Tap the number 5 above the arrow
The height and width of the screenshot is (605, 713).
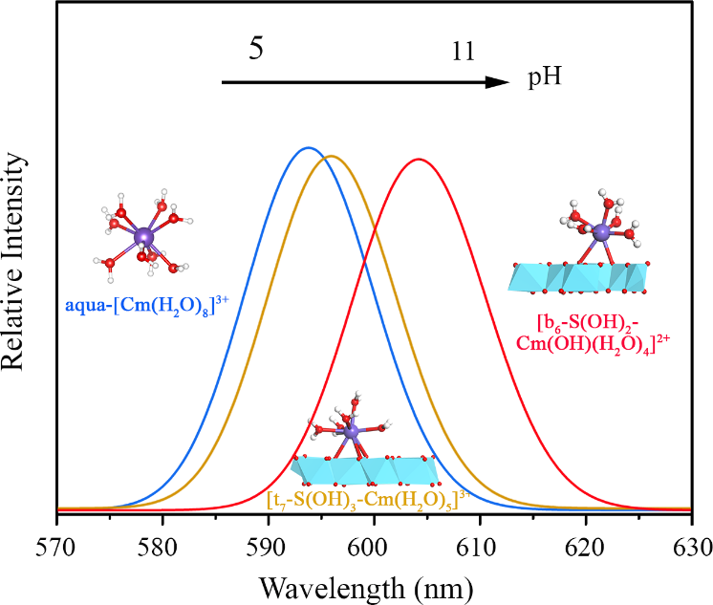(256, 50)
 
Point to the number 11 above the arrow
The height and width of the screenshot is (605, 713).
(464, 54)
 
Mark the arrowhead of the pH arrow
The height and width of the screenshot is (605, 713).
(498, 83)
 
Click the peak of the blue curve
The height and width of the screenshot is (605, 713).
(308, 148)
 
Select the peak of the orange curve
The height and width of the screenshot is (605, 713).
(331, 156)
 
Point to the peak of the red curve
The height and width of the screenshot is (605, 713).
(418, 159)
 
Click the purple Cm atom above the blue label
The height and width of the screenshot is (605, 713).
(143, 236)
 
